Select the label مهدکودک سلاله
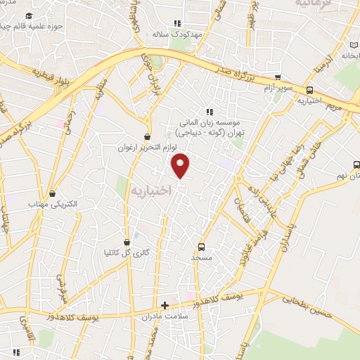point(179,33)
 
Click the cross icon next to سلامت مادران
point(165,305)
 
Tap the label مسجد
point(202,257)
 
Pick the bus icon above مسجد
point(202,247)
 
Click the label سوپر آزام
point(278,88)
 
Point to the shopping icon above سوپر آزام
point(278,77)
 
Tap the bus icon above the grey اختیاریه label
point(309,90)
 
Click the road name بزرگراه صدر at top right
point(243,73)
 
